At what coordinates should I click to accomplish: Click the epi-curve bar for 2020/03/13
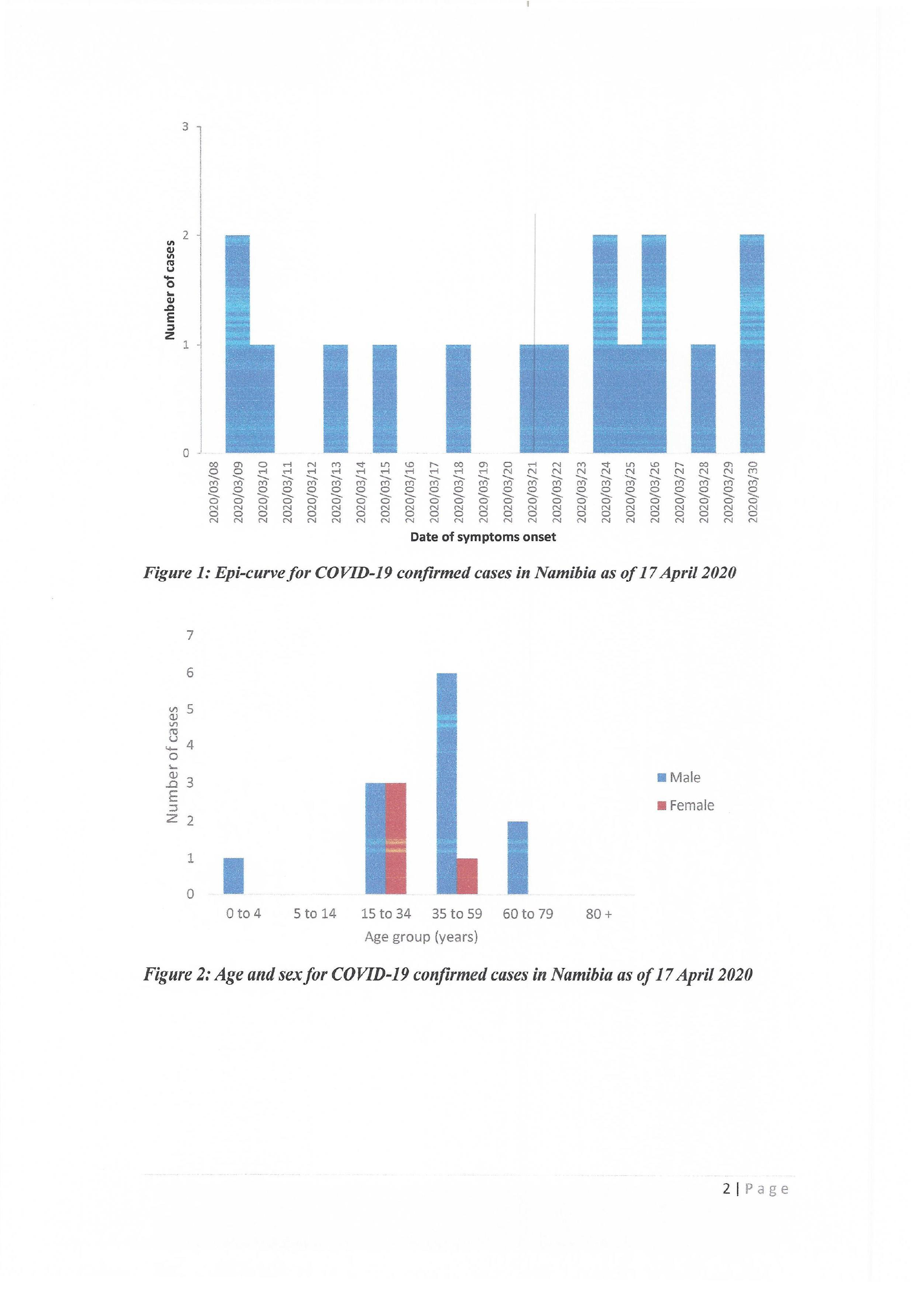(336, 398)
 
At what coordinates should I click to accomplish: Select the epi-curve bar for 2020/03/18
(458, 398)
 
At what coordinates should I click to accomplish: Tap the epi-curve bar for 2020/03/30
(752, 343)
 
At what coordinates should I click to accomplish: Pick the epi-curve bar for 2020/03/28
(703, 398)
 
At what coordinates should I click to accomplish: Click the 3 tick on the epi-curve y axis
(186, 126)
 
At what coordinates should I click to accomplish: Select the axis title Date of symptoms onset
(483, 537)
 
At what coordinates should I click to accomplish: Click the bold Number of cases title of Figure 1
(169, 290)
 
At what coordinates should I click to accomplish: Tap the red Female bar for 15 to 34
(396, 838)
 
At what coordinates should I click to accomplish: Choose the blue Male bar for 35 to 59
(446, 783)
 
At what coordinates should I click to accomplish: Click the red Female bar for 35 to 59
(467, 876)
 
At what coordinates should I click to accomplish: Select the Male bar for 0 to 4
(233, 876)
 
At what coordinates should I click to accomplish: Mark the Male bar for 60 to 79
(518, 857)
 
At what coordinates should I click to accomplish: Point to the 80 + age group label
(598, 914)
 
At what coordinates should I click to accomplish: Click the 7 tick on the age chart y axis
(190, 635)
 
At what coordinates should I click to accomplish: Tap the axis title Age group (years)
(421, 937)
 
